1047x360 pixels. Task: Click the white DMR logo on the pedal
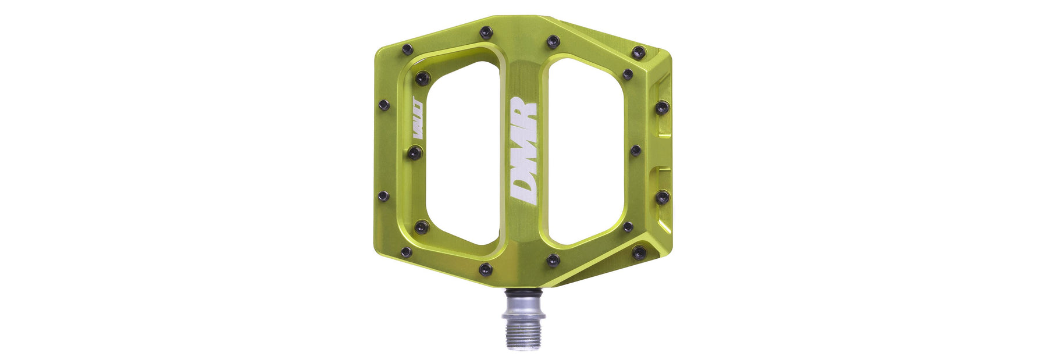coord(523,151)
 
